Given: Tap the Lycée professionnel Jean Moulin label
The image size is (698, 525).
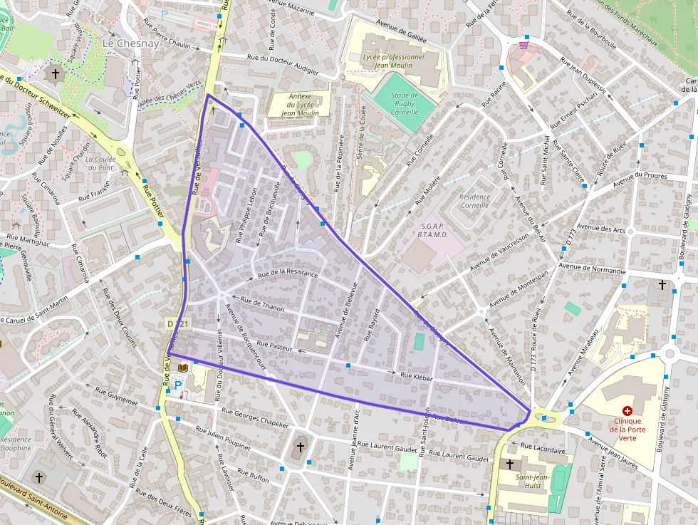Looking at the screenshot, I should [393, 61].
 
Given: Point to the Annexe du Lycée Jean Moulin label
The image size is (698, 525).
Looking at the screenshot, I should [300, 104].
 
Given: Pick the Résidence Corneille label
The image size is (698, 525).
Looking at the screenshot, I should [474, 201].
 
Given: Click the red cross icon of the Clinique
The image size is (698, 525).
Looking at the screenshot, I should [627, 411].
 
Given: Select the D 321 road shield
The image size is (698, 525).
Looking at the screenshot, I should [177, 324].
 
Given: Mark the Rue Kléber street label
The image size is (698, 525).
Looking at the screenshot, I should [417, 377].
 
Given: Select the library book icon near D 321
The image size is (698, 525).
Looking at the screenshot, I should [183, 367].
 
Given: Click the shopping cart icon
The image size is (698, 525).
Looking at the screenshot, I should [524, 46].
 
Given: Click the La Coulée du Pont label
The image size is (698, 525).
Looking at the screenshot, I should [100, 163].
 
